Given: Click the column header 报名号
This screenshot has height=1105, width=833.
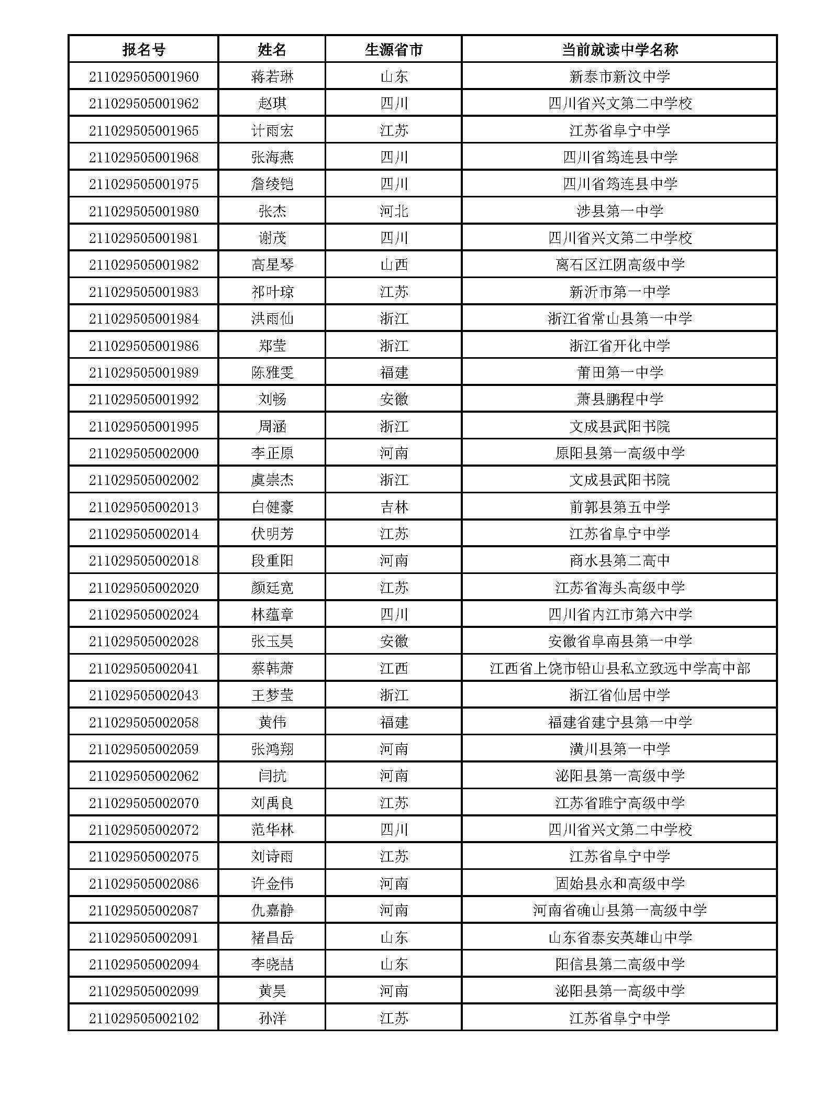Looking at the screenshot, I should click(143, 50).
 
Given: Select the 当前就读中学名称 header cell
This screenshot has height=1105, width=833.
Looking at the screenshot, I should click(619, 50).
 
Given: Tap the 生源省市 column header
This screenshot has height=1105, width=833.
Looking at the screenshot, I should click(394, 50).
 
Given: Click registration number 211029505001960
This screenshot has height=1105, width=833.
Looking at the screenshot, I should click(143, 77).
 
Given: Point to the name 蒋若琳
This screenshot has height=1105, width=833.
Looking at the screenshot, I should click(272, 77).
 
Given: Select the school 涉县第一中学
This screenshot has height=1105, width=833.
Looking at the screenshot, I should click(619, 211).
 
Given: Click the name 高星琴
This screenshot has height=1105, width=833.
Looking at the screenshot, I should click(272, 265).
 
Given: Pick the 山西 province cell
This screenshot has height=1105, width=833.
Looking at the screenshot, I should click(394, 265).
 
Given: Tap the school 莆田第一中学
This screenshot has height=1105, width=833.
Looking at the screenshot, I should click(619, 372).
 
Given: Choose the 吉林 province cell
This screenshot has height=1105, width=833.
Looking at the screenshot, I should click(394, 507).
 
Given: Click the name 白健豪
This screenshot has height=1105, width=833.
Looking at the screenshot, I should click(272, 507).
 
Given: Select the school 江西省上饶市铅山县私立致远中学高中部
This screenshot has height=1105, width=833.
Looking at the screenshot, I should click(619, 668).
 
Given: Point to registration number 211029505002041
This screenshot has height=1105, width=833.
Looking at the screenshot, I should click(143, 668).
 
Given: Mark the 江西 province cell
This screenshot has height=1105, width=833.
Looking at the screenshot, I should click(394, 668).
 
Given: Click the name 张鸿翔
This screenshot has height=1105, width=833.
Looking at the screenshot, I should click(272, 749).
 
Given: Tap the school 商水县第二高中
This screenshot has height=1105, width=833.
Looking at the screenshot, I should click(619, 561).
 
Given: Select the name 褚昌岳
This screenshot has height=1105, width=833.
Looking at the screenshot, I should click(272, 937).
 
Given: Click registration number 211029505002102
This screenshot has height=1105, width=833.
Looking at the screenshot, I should click(143, 1018).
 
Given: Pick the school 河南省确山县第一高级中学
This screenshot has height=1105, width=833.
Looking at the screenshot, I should click(619, 910).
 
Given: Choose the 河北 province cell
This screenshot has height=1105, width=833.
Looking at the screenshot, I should click(394, 211).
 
